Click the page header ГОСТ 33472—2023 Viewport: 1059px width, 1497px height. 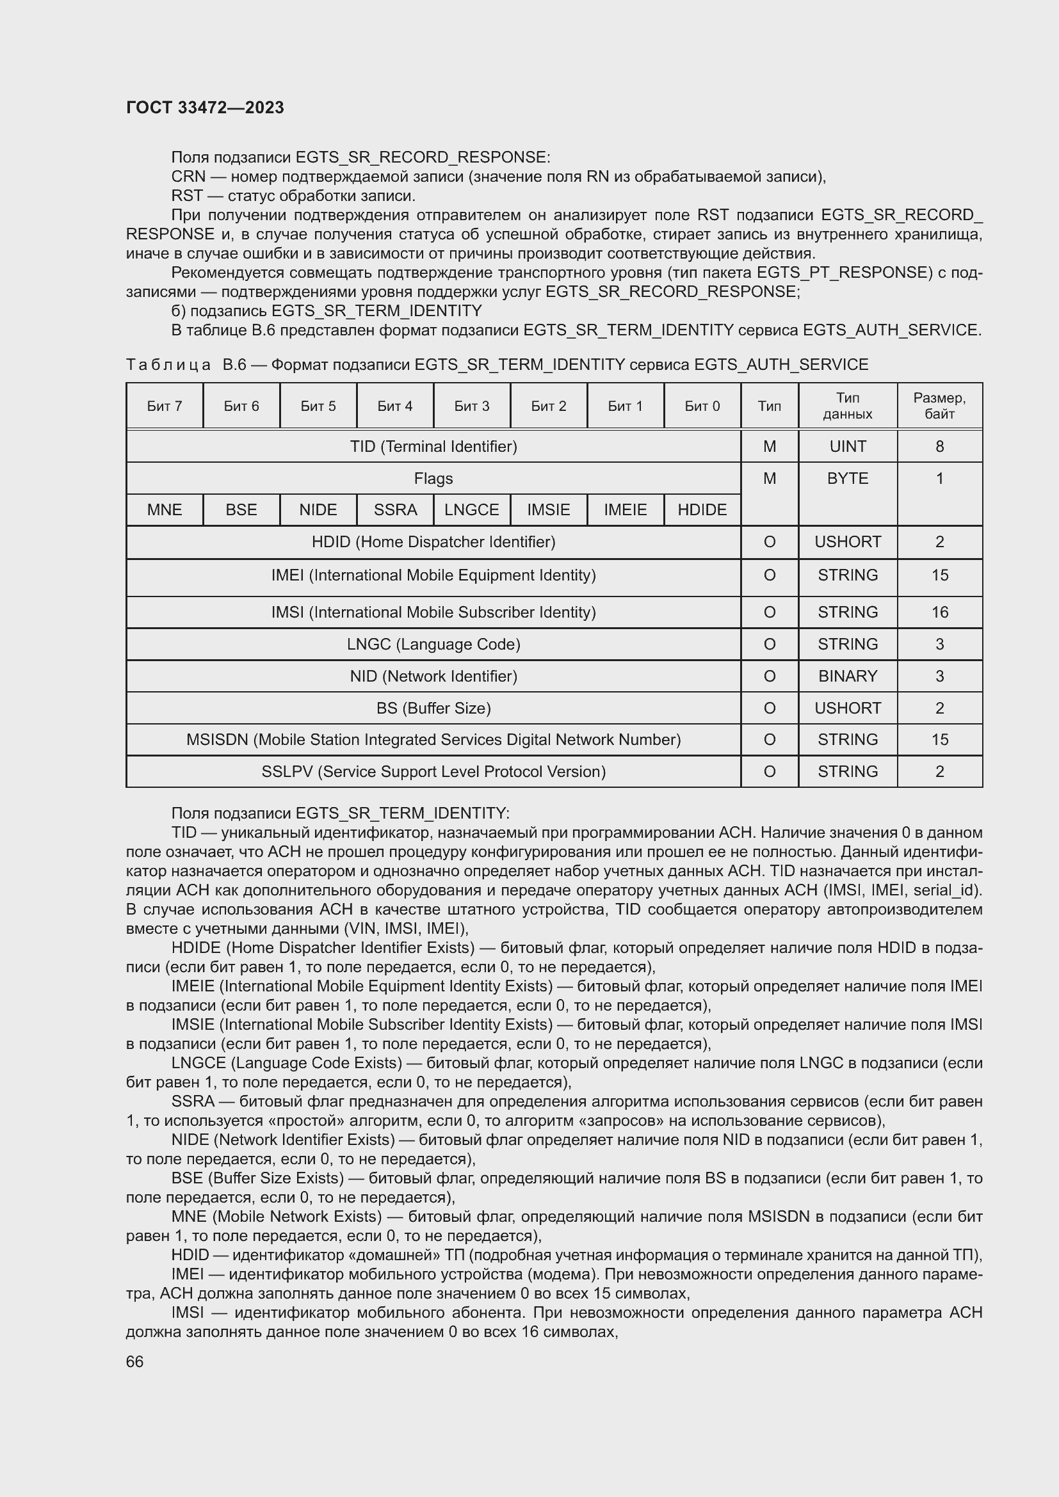205,108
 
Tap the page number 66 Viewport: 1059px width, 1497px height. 134,1361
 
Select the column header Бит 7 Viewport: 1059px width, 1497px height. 165,406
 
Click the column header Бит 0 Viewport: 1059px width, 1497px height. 702,406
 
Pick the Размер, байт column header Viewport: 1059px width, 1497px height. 939,406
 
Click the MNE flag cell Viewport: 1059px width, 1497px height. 165,510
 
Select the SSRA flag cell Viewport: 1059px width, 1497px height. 395,510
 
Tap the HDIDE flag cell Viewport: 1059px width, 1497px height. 702,510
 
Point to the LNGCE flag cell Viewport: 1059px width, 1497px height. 471,510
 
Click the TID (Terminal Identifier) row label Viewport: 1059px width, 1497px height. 433,447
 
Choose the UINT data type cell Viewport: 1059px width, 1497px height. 847,447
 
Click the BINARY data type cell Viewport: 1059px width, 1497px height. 847,676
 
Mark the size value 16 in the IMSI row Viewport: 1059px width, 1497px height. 939,612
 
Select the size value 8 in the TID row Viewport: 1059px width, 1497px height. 939,447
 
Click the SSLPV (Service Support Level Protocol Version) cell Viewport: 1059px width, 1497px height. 433,772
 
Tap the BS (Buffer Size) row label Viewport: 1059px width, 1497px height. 433,708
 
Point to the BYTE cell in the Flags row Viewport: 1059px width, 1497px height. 847,479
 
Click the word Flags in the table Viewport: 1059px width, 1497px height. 433,479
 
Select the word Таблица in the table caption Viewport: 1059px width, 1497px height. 168,364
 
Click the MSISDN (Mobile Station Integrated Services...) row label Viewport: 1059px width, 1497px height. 433,740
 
